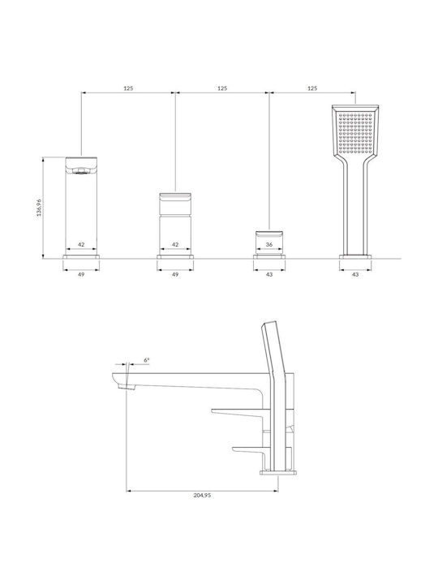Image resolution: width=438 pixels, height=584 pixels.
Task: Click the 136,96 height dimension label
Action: point(39,208)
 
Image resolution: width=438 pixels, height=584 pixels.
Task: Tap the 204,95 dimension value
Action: point(202,496)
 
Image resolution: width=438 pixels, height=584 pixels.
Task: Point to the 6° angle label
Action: point(147,360)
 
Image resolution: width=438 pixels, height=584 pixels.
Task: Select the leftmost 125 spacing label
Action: point(128,88)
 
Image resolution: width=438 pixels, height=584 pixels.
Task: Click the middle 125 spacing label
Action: point(222,88)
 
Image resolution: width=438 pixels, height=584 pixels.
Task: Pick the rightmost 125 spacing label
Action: point(312,88)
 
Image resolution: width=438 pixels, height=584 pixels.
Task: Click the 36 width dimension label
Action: point(269,244)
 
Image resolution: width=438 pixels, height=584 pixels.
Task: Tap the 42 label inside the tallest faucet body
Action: point(81,244)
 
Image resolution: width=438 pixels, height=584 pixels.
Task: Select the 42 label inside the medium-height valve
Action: point(175,244)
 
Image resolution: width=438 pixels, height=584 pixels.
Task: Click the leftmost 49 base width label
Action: point(81,274)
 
